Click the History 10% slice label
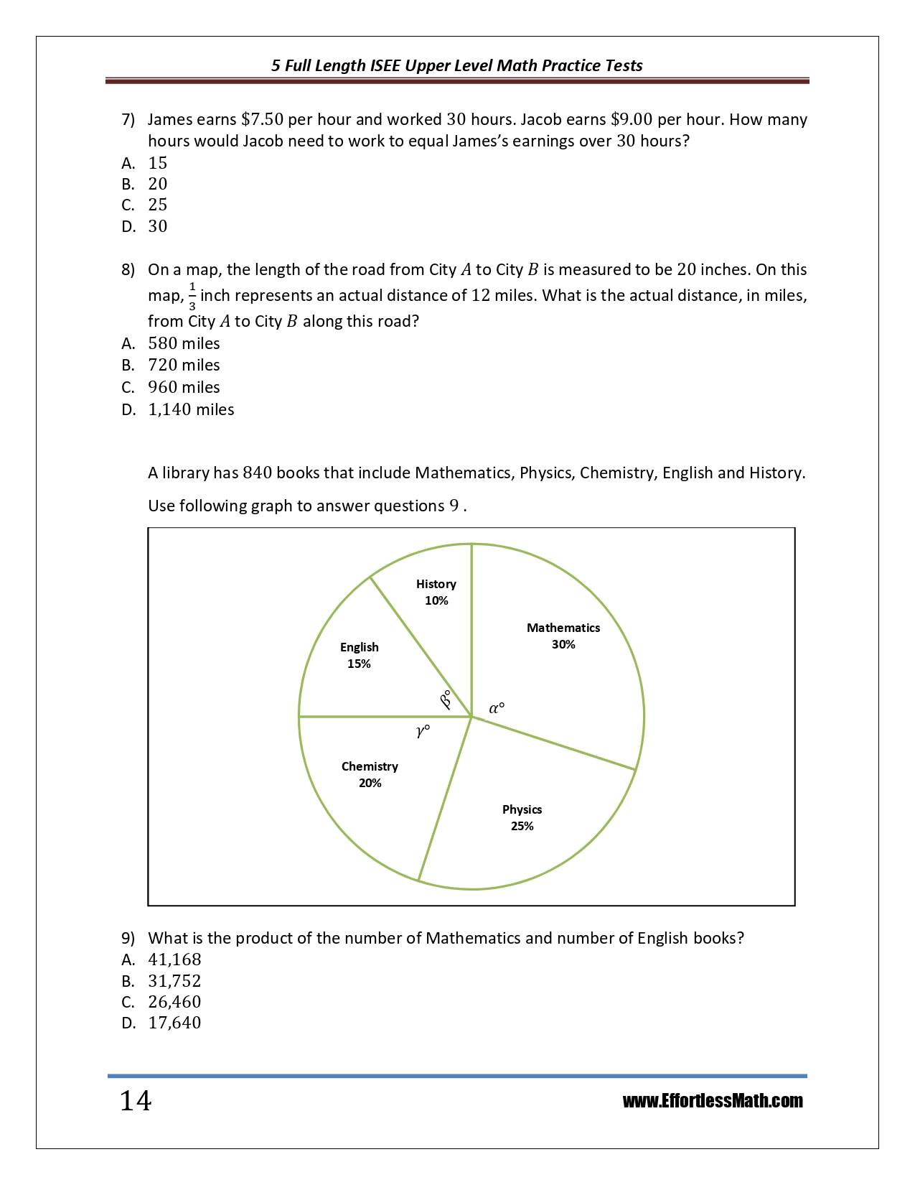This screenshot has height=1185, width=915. tap(436, 592)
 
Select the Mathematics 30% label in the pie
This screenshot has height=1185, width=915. tap(563, 636)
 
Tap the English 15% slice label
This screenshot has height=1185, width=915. tap(359, 655)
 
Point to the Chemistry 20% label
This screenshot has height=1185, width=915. tap(370, 774)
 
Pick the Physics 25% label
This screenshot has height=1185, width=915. tap(522, 817)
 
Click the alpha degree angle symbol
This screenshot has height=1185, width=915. tap(497, 708)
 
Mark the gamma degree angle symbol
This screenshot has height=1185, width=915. tap(423, 731)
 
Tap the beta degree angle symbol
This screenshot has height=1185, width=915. tap(446, 699)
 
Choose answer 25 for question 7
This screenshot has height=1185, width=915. tap(157, 205)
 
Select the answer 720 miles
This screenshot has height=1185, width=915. tap(184, 365)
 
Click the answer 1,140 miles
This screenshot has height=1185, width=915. tap(191, 409)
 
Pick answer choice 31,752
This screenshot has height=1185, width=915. tap(174, 981)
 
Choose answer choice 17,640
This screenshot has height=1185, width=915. tap(174, 1023)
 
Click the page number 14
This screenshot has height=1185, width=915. tap(136, 1101)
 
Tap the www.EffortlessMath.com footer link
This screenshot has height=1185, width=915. tap(712, 1101)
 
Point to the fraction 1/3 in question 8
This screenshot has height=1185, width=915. tap(192, 296)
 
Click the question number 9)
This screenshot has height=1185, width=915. tap(128, 938)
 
